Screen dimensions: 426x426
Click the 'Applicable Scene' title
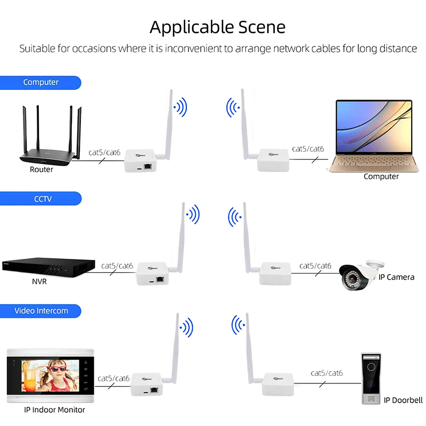coord(217,27)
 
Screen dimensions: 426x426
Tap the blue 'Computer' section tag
coord(40,83)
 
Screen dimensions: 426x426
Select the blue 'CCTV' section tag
coord(41,199)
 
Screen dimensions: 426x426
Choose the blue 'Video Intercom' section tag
coord(40,311)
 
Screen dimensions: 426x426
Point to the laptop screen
coord(374,127)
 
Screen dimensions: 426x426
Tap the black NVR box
coord(48,268)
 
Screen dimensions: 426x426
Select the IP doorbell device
coord(371,379)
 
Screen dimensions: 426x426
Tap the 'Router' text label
coord(42,169)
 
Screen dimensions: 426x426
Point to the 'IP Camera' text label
coord(396,277)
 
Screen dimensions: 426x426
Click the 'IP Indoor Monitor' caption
coord(54,409)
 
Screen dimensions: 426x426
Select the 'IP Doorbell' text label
coord(403,400)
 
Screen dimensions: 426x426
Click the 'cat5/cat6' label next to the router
coord(104,152)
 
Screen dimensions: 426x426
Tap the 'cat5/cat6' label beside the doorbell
coord(326,373)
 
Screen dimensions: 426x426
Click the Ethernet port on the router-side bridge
coord(148,166)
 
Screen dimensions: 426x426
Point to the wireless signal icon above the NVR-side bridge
coord(193,215)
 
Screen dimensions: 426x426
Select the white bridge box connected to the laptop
coord(273,160)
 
